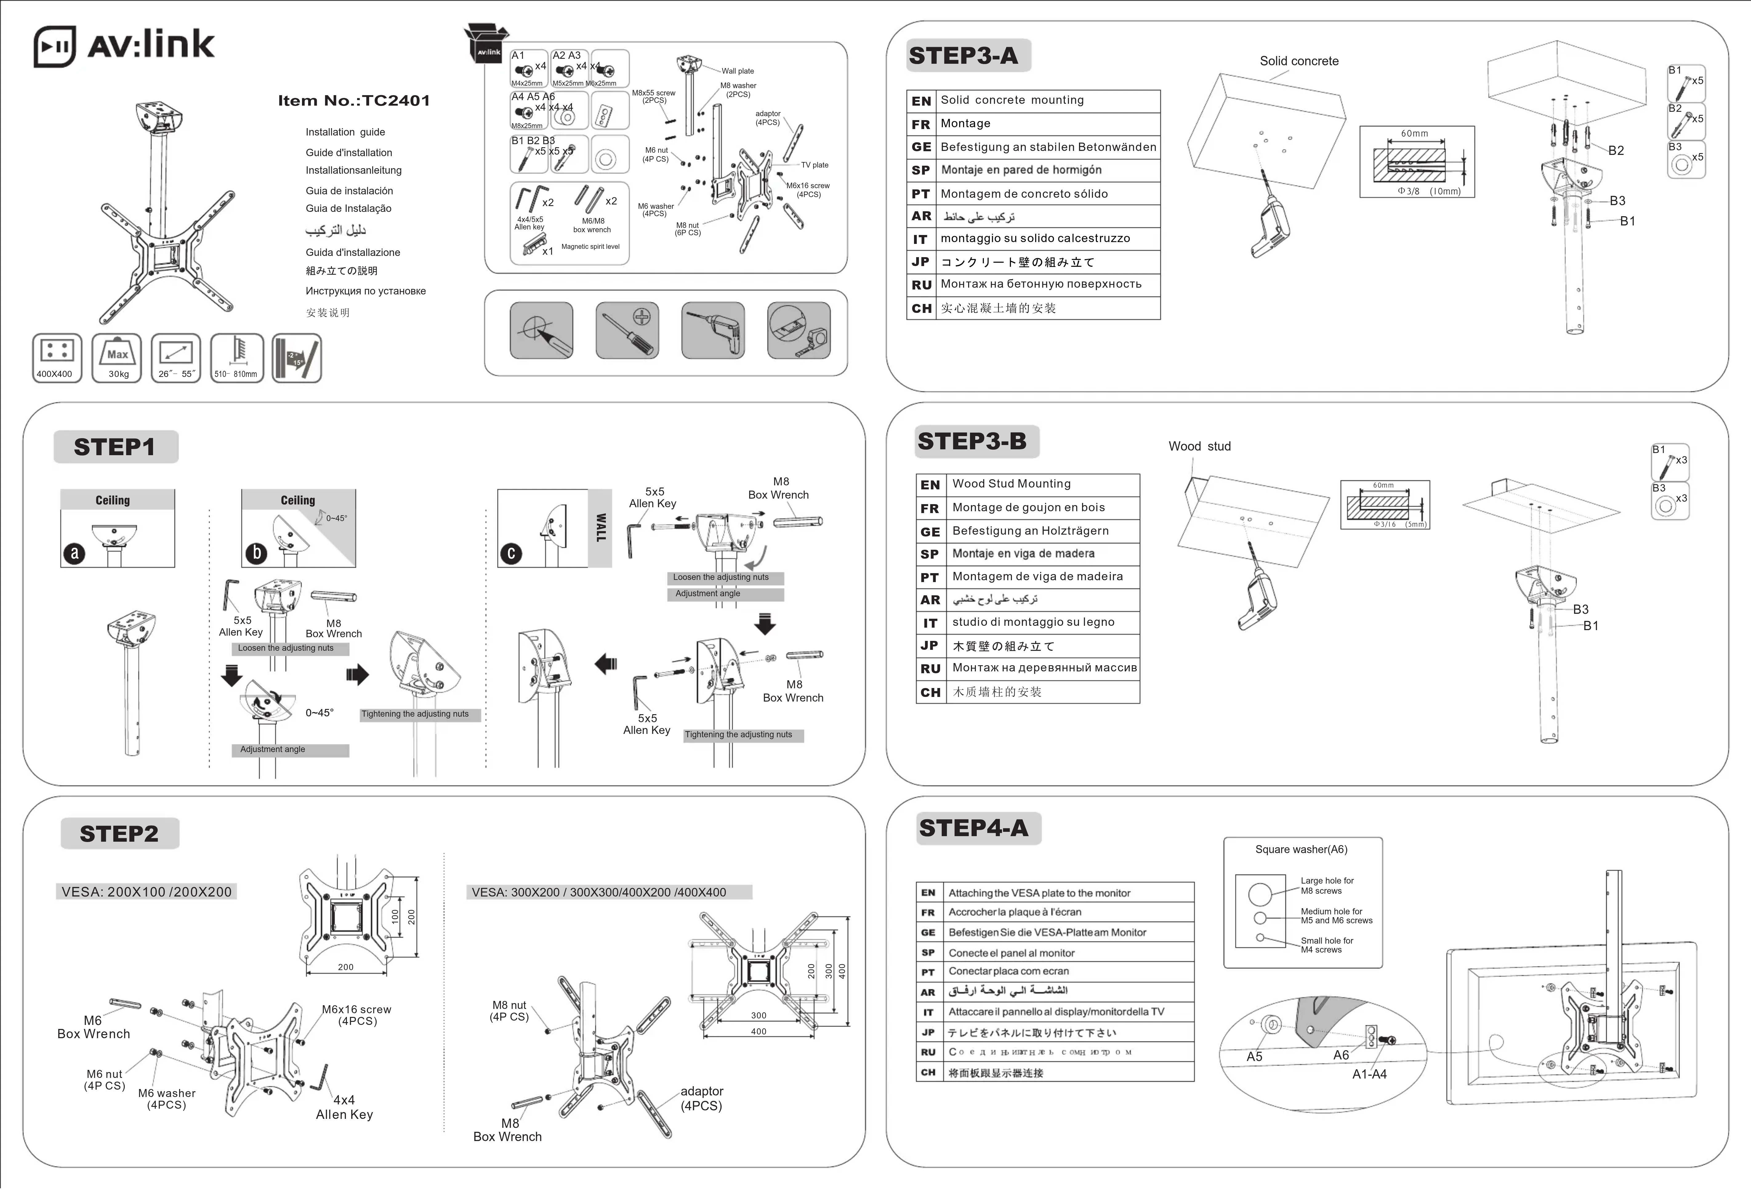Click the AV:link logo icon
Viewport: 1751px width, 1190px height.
(54, 47)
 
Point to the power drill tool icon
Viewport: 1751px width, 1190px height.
(713, 330)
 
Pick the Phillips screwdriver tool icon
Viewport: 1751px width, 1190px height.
(627, 330)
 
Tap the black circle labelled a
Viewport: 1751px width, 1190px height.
(74, 554)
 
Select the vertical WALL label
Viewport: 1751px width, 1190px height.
(601, 528)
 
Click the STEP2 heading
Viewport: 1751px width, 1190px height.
(119, 834)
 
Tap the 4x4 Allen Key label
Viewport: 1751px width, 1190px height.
(344, 1107)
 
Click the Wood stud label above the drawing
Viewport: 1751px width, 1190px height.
(1199, 446)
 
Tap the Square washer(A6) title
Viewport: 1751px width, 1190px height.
(1301, 849)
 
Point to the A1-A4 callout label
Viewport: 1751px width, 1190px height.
(1369, 1074)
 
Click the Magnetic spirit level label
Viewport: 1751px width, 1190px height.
(590, 246)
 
